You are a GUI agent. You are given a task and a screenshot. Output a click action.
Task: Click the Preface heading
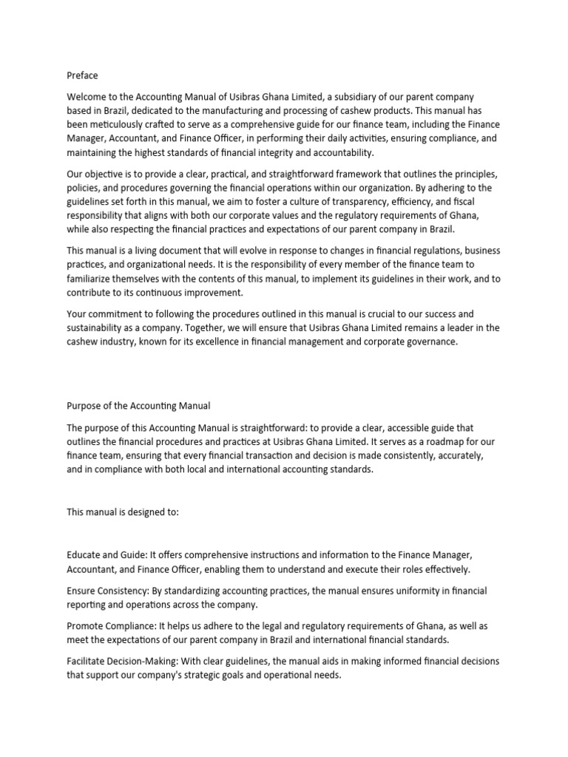click(x=82, y=75)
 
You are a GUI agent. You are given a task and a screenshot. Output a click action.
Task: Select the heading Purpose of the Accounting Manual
click(x=139, y=405)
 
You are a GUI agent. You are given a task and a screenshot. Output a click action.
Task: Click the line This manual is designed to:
click(x=123, y=511)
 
